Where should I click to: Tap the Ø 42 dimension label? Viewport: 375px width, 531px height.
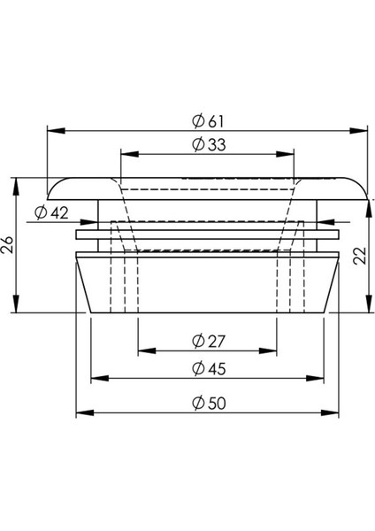tap(52, 212)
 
